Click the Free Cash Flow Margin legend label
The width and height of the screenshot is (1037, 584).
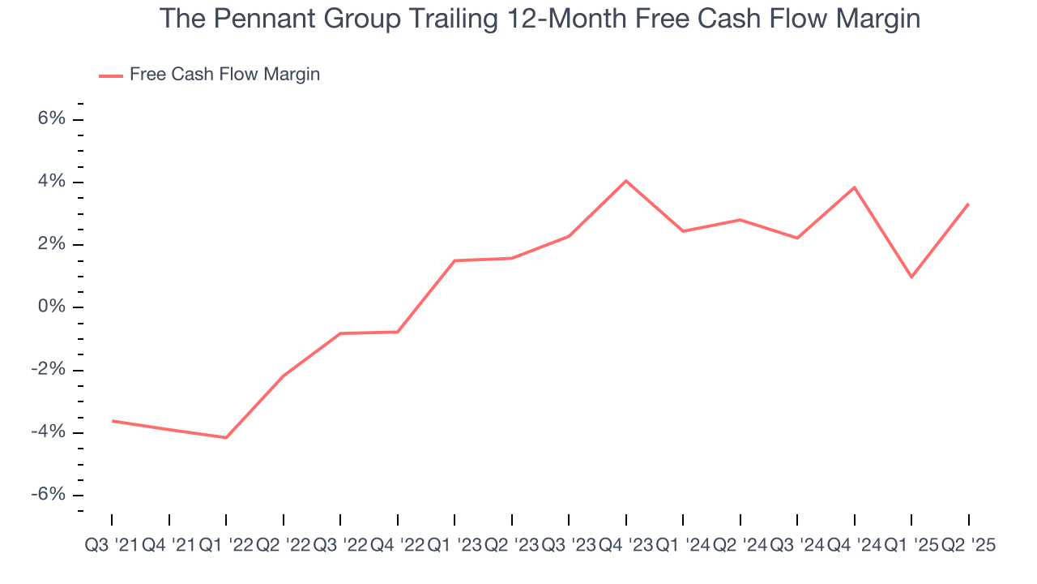pos(224,75)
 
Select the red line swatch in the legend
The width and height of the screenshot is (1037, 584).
pos(110,75)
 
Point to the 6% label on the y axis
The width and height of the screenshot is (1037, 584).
pos(50,119)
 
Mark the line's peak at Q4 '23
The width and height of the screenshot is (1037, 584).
pos(626,181)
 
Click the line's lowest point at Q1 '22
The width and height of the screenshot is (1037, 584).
pos(226,438)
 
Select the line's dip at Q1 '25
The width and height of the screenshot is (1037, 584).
pos(911,277)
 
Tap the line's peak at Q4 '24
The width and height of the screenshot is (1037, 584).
pos(855,187)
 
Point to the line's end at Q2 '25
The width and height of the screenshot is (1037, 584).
pos(968,204)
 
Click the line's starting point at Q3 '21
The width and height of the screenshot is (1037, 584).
pos(113,421)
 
